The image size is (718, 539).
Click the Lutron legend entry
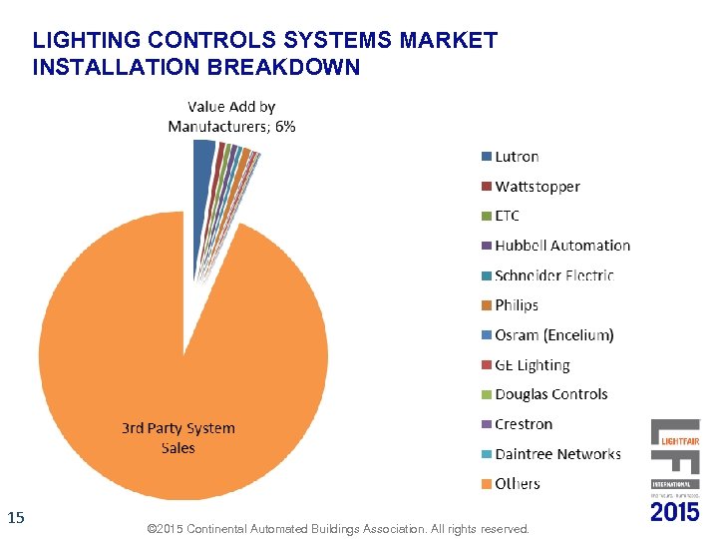click(517, 157)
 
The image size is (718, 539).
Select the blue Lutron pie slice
click(202, 165)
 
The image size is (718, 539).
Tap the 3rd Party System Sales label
click(179, 438)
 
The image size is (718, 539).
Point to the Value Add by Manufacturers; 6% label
click(231, 116)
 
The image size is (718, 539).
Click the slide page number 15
click(15, 517)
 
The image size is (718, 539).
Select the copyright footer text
click(337, 527)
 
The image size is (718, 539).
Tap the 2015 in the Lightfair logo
click(675, 511)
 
